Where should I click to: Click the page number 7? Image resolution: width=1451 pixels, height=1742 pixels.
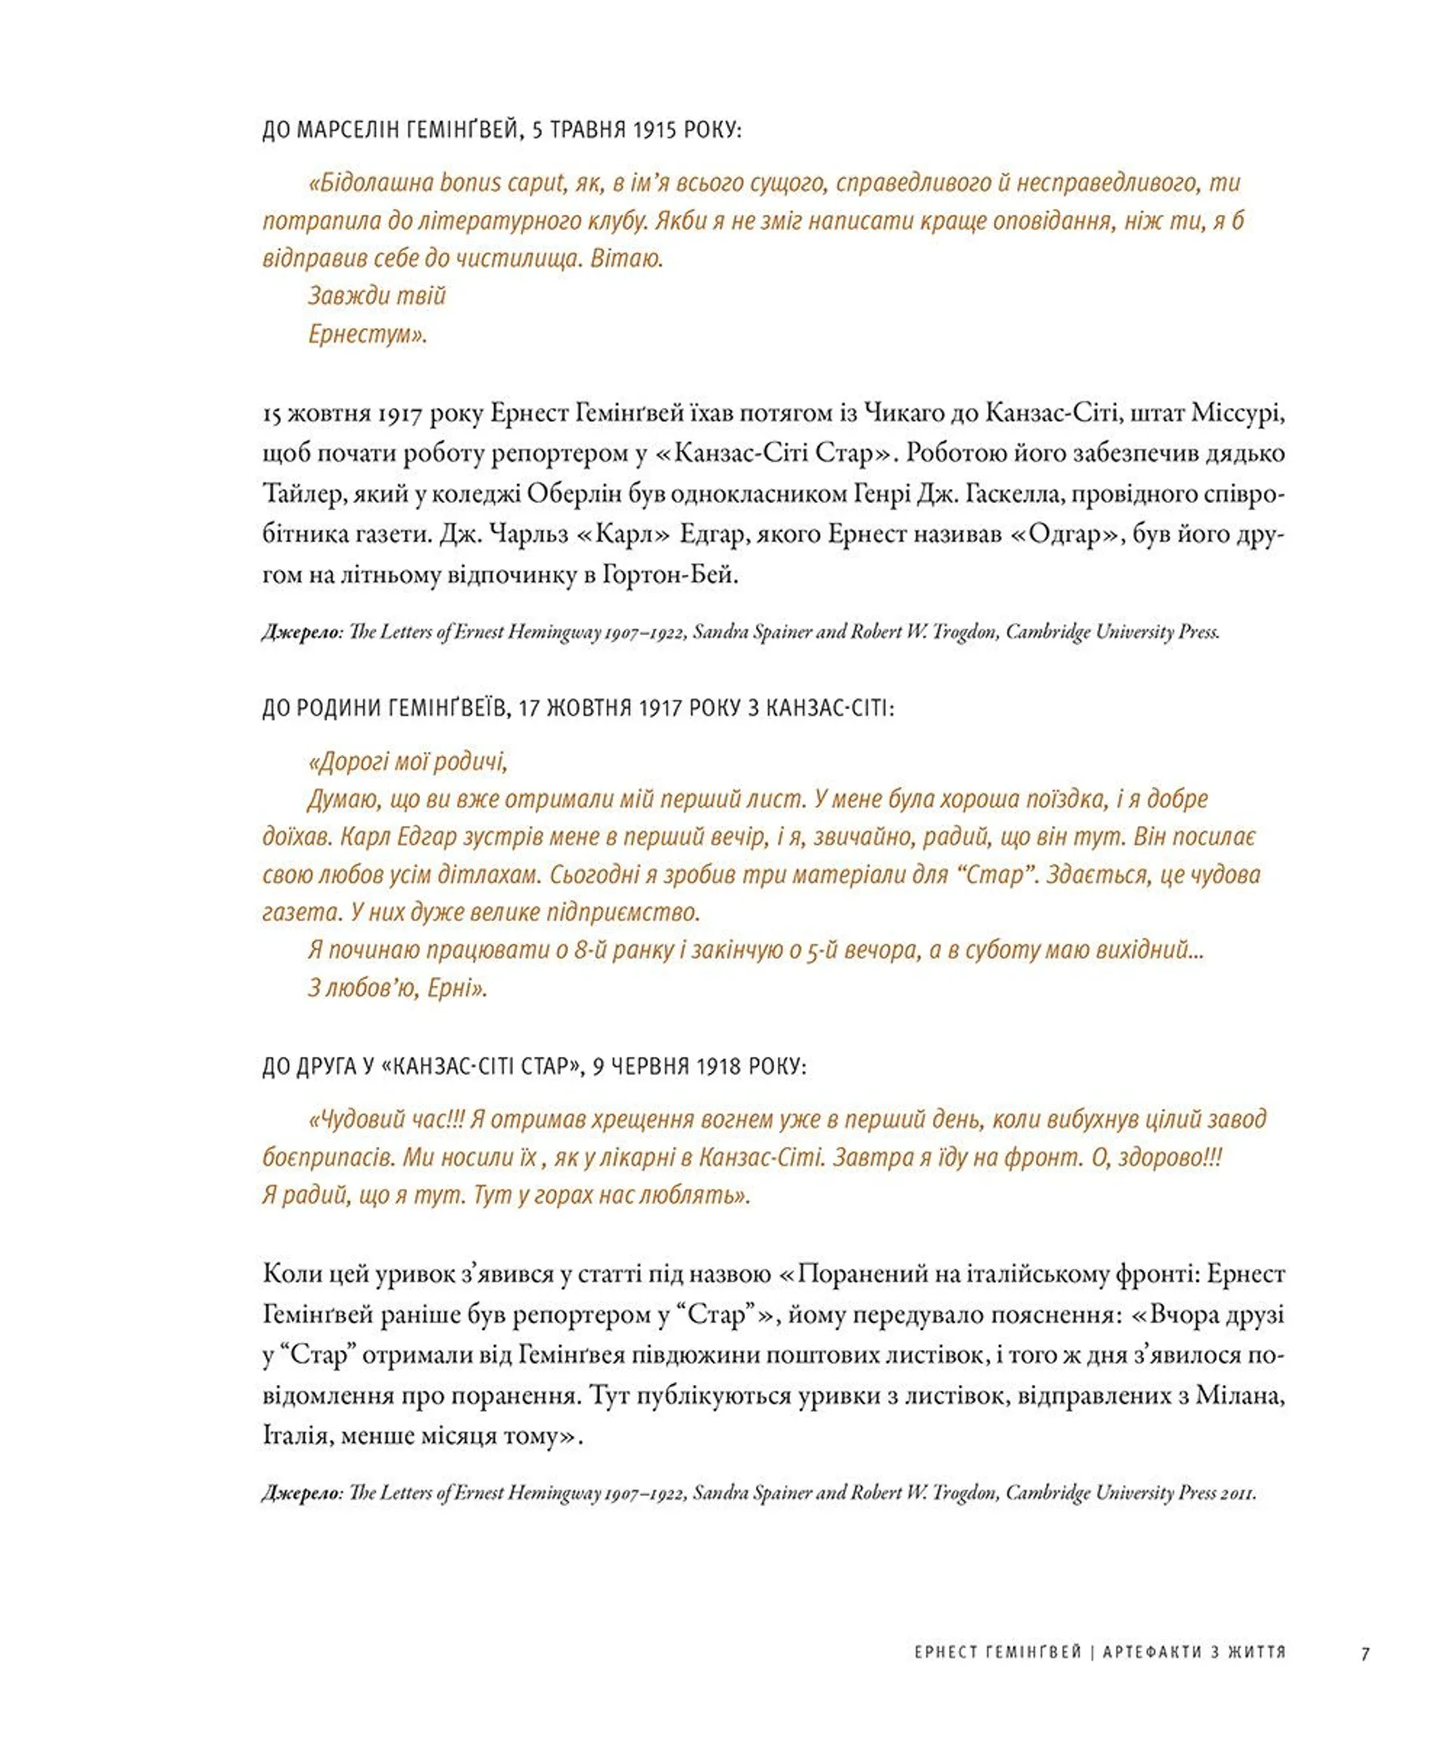[x=1365, y=1654]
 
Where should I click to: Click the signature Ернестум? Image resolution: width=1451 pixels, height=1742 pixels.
[x=367, y=334]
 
